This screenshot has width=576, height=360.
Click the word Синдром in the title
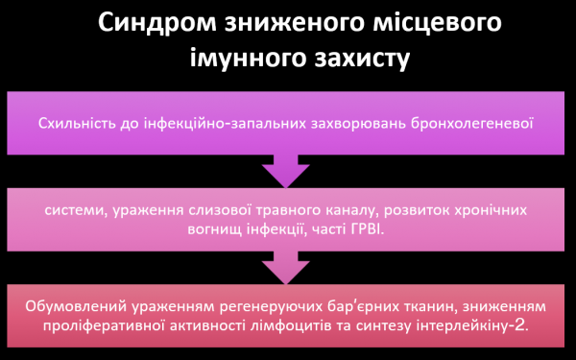click(153, 22)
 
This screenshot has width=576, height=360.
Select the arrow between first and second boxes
click(288, 174)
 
